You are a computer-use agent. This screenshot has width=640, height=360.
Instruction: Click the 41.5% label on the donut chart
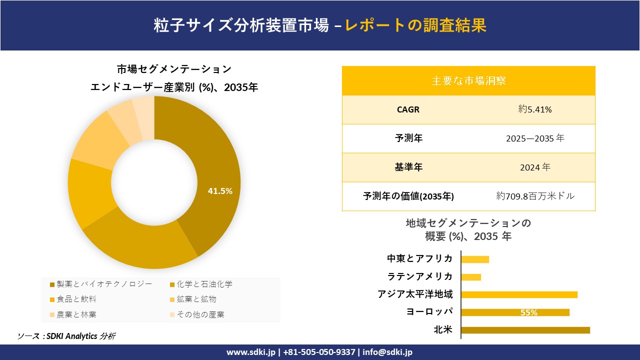point(220,191)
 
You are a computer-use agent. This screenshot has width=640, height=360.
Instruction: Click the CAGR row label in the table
point(408,109)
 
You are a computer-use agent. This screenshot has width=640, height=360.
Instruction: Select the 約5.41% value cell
point(535,109)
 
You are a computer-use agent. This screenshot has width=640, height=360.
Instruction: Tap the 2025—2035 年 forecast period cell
point(535,138)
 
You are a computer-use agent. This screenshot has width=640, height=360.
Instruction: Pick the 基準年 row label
point(408,167)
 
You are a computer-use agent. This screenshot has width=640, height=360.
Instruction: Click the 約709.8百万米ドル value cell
point(535,196)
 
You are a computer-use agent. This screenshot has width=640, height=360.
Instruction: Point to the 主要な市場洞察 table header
point(468,80)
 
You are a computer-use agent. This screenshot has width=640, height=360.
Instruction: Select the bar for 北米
point(525,330)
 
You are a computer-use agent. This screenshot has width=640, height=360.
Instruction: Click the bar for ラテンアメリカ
point(471,277)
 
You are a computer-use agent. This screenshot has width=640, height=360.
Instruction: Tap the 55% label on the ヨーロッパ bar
point(528,312)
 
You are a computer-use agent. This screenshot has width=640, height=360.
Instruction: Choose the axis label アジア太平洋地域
point(415,294)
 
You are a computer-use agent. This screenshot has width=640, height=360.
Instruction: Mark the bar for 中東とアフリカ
point(475,259)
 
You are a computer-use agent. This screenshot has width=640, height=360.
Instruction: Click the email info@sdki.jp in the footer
point(387,352)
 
